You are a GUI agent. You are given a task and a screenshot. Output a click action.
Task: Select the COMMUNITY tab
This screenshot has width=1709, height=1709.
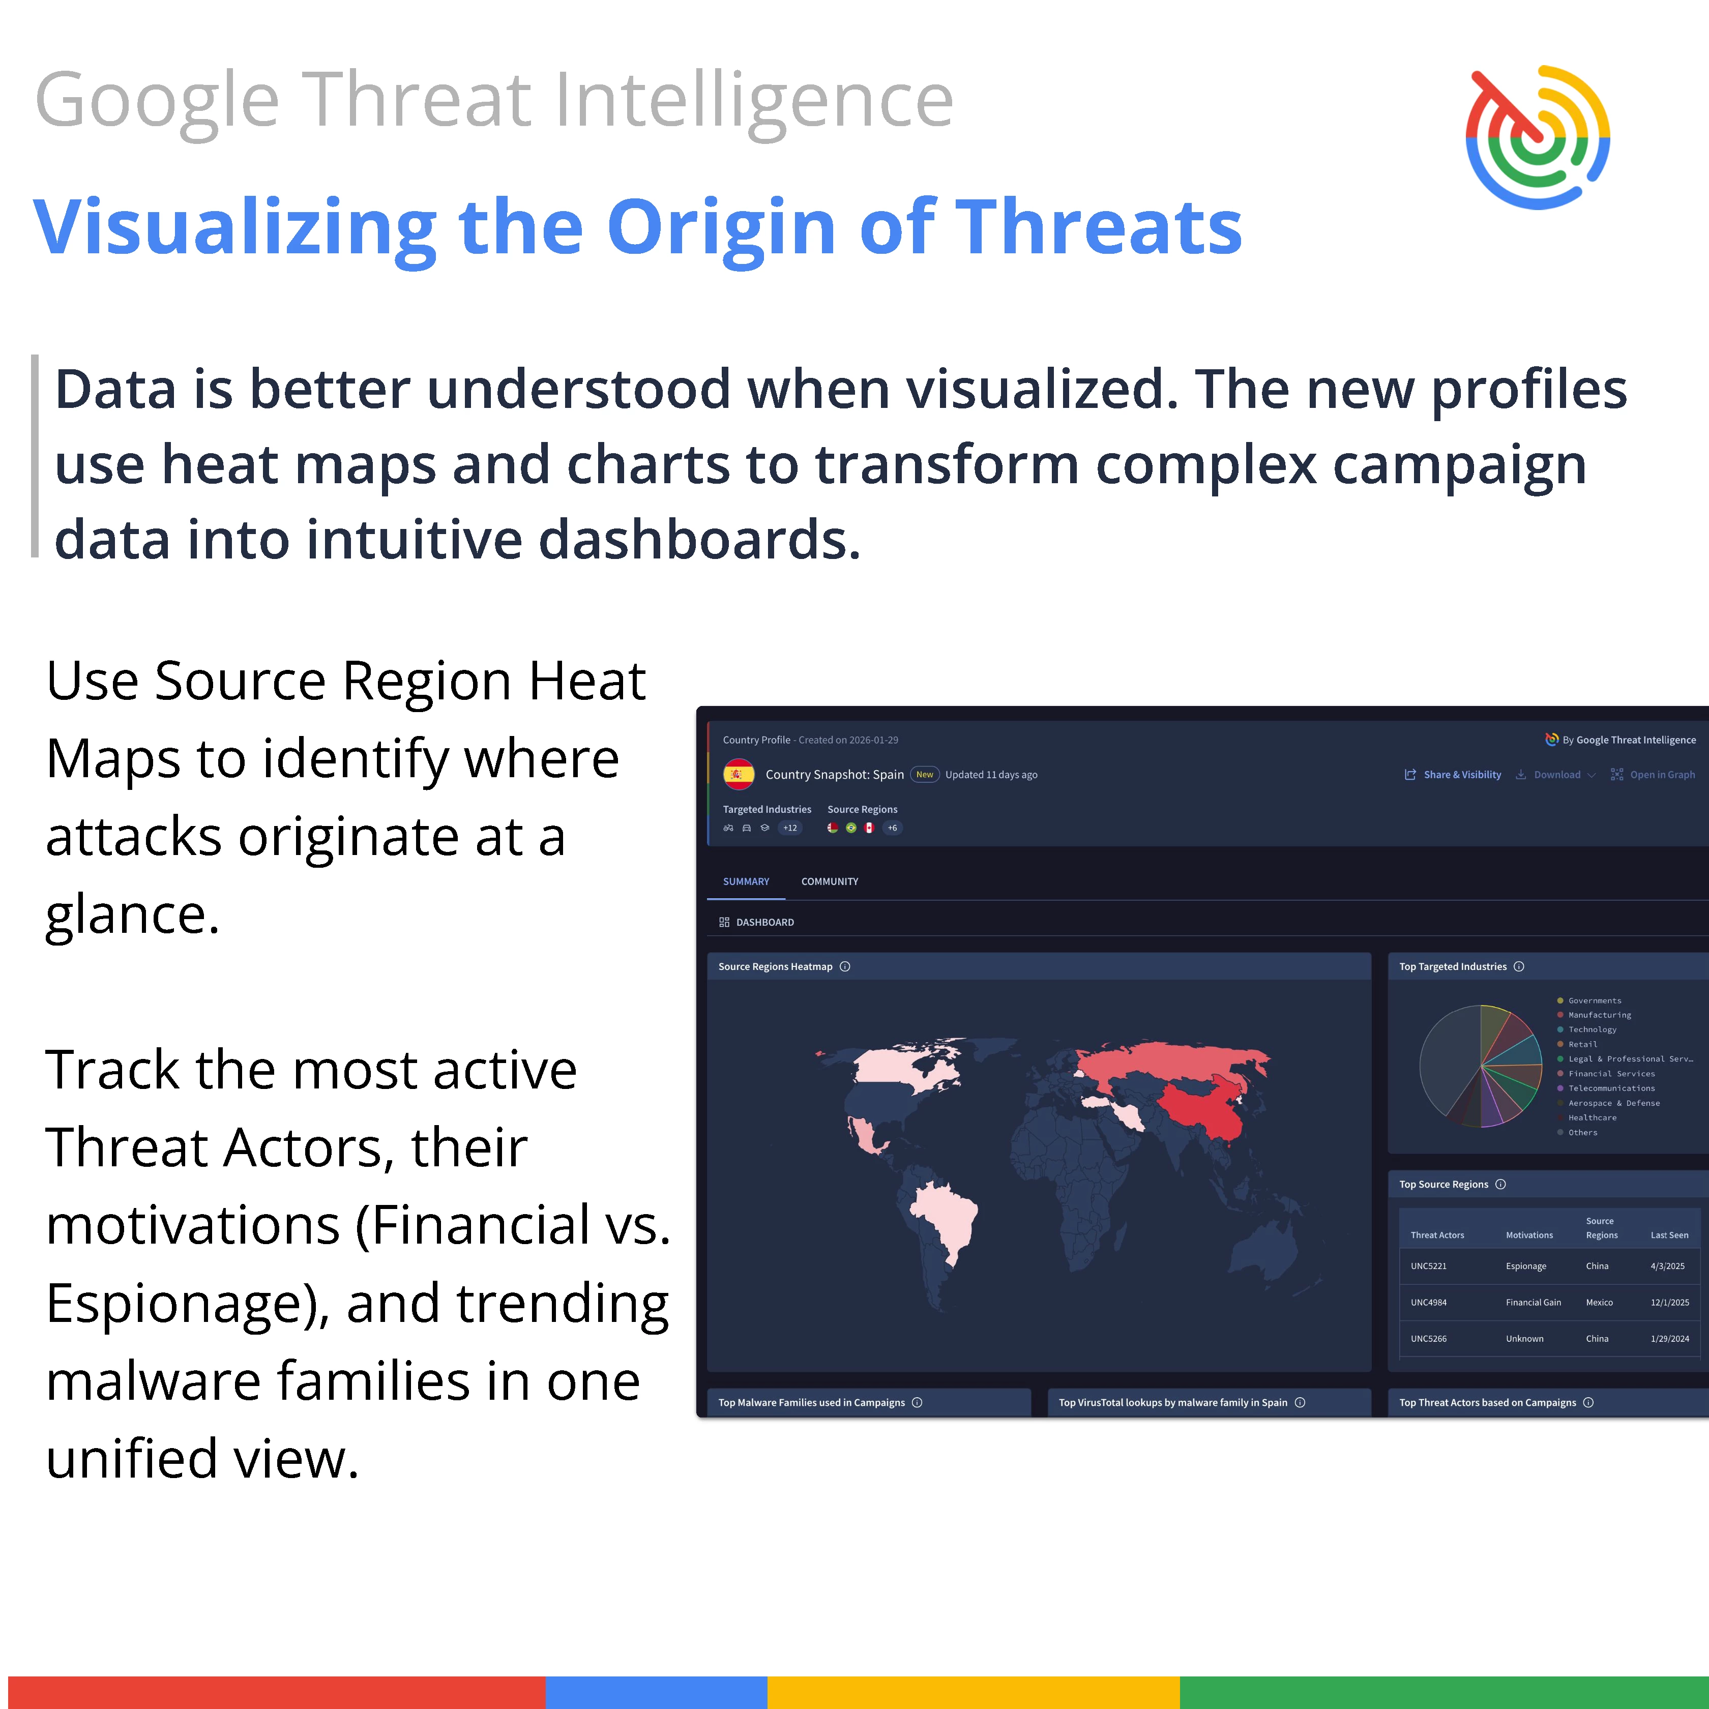pos(829,881)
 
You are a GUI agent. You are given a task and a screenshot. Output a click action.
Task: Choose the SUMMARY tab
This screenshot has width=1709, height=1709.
pos(746,881)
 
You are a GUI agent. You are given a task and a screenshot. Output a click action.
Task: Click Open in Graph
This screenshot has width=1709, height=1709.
pos(1653,774)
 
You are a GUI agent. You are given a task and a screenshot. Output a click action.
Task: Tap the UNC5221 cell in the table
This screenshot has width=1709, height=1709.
pos(1429,1266)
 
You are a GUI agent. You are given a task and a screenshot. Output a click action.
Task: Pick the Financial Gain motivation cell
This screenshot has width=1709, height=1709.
pos(1533,1302)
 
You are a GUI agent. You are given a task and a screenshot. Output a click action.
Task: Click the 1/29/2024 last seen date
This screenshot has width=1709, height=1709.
pos(1669,1338)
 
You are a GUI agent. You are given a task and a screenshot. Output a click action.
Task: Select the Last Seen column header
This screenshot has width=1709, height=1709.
pos(1669,1235)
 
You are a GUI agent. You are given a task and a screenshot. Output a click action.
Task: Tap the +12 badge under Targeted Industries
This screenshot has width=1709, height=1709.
pos(790,828)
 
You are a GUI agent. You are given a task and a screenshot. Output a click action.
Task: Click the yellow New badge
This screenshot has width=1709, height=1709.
pos(924,774)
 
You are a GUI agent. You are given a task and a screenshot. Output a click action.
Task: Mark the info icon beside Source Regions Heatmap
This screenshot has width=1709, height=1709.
pos(845,966)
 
